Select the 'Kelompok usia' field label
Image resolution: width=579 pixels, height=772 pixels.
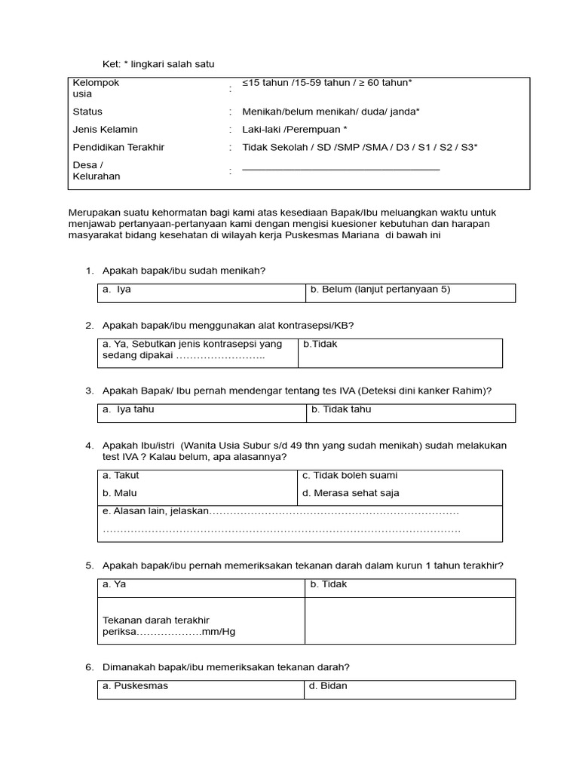pos(96,89)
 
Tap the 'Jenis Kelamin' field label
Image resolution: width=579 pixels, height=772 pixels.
pos(105,130)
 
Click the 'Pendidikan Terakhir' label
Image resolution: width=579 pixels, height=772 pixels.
pos(118,148)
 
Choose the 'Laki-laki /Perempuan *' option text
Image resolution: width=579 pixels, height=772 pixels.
pos(295,130)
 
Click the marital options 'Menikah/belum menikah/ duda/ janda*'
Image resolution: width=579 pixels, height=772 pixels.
pos(331,112)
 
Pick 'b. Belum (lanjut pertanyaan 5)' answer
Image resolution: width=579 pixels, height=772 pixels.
pos(380,289)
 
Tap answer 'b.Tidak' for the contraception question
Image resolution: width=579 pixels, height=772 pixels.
pos(320,344)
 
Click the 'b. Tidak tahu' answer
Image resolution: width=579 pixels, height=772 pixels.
pos(341,409)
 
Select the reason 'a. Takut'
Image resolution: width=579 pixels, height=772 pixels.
pos(121,476)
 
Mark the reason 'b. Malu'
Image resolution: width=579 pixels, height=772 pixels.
pos(119,493)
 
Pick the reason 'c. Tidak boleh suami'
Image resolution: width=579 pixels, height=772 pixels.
pos(350,476)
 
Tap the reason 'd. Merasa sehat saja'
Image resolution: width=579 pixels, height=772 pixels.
pos(351,493)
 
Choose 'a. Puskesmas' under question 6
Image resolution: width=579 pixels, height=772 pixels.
pos(135,686)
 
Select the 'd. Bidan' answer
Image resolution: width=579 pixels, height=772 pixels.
pos(329,686)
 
